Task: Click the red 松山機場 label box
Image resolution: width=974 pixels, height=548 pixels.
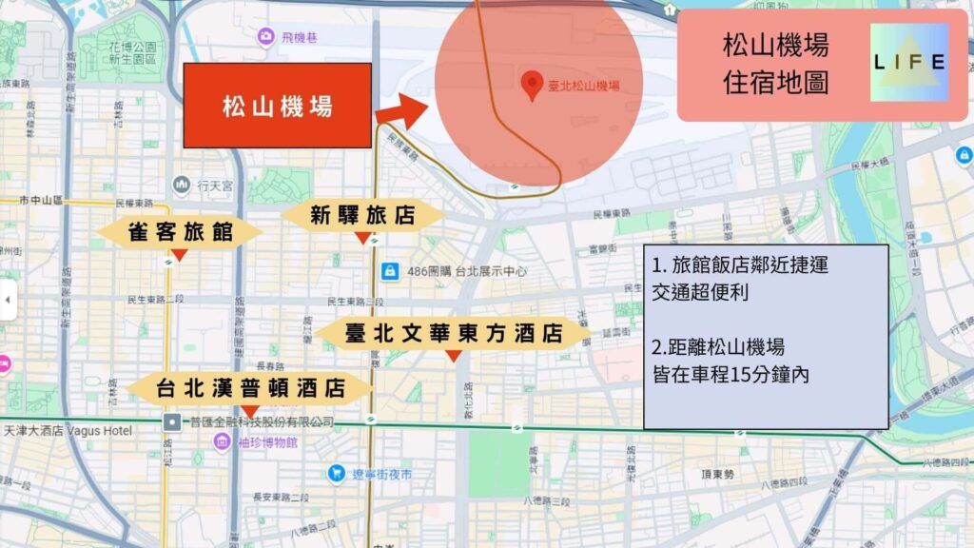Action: point(277,106)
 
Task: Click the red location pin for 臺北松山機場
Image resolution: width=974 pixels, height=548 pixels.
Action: point(534,86)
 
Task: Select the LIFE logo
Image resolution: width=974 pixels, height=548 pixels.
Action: point(909,63)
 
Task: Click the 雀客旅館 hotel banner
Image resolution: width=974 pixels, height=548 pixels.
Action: point(180,231)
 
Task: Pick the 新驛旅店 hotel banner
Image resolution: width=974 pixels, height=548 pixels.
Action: point(362,216)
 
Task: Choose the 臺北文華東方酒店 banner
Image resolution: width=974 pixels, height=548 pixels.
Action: point(453,334)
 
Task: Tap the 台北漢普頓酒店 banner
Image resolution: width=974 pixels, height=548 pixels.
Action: point(249,388)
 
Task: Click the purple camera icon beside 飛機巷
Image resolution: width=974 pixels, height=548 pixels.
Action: point(265,36)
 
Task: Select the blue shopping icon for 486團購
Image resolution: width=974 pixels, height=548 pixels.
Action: point(388,271)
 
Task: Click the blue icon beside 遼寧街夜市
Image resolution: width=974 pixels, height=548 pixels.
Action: point(336,473)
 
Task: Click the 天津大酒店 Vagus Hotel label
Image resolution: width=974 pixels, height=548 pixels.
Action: point(67,430)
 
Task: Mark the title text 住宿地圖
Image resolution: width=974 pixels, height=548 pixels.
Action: point(775,82)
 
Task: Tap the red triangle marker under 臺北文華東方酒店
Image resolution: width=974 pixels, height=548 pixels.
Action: point(454,355)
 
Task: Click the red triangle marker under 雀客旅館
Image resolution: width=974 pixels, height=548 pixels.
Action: point(179,254)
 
